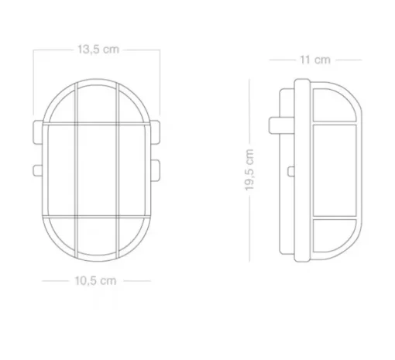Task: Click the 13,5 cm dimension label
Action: [x=98, y=49]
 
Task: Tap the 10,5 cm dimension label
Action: [x=95, y=280]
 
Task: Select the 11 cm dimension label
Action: [x=315, y=60]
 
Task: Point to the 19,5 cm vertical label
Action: [x=249, y=170]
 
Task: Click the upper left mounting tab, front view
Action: [x=38, y=132]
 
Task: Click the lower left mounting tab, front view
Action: [x=37, y=170]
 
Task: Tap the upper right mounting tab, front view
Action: [x=155, y=132]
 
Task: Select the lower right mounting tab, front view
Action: [x=155, y=170]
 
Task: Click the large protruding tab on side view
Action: [x=281, y=125]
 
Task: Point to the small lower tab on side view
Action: [x=291, y=171]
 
